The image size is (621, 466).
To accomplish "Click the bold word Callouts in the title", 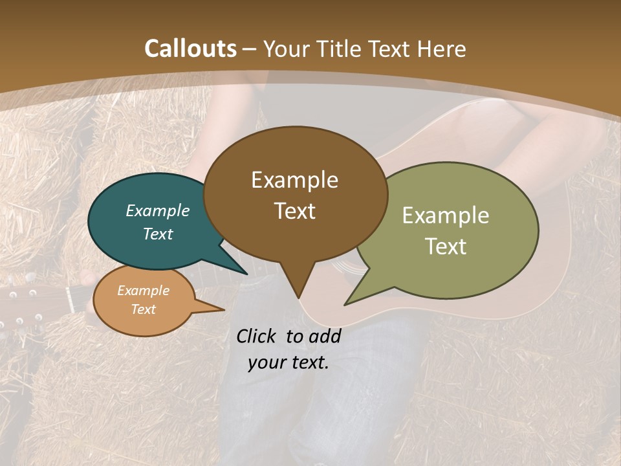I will [190, 49].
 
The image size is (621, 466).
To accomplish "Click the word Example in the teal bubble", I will [158, 210].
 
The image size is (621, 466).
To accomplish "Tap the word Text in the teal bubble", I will [158, 234].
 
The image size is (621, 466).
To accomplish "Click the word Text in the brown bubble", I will [295, 210].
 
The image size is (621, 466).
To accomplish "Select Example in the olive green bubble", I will [446, 215].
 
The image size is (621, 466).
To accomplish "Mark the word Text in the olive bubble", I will [446, 246].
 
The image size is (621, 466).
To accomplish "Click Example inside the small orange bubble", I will [144, 291].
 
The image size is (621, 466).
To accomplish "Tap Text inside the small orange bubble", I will [144, 309].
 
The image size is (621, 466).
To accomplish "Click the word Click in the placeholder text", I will [257, 336].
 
